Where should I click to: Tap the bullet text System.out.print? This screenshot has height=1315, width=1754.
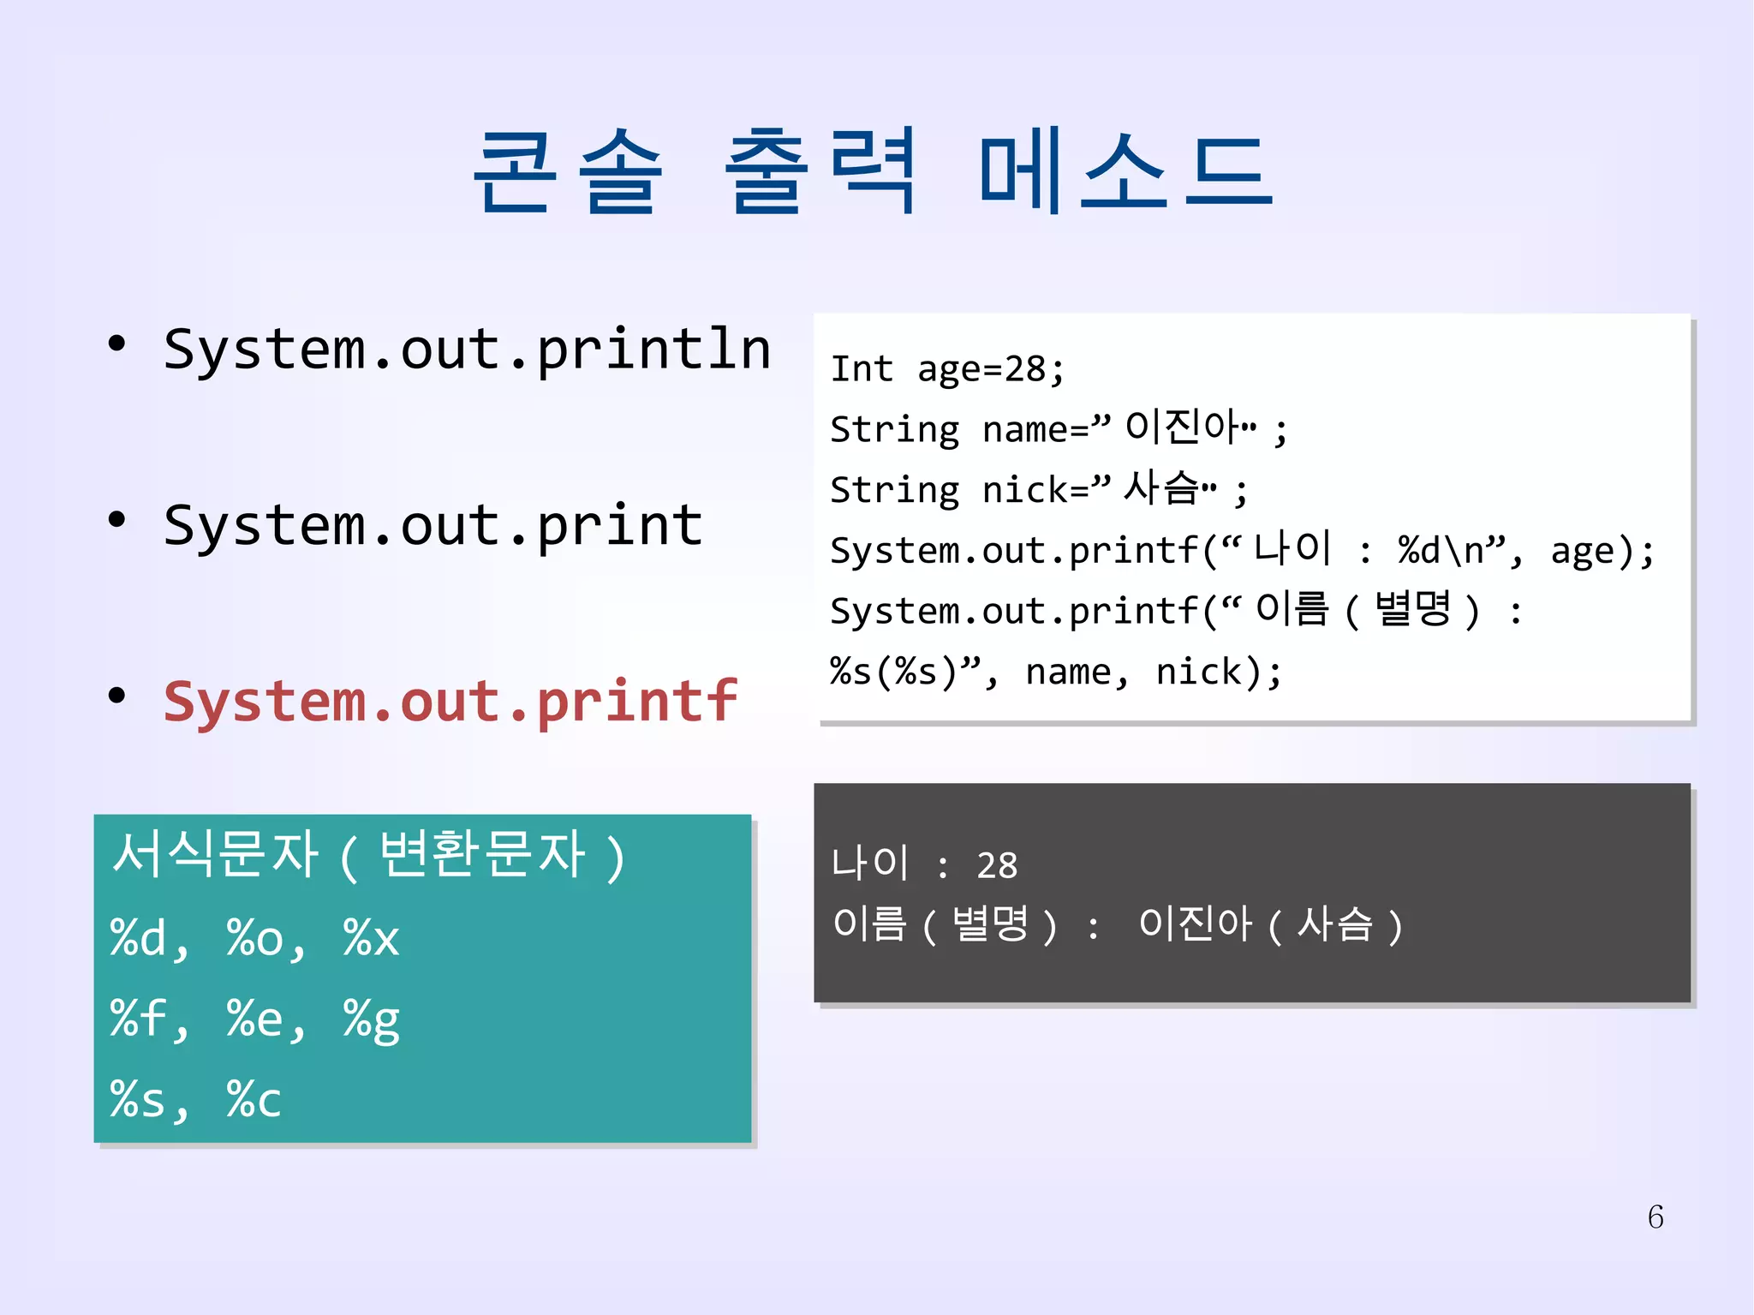[x=433, y=525]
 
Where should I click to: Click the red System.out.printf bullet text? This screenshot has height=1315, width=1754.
[x=450, y=702]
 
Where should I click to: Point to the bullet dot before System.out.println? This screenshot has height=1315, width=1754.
[x=117, y=344]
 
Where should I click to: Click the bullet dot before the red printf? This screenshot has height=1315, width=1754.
[x=117, y=695]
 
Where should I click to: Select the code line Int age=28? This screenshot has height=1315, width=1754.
[x=947, y=369]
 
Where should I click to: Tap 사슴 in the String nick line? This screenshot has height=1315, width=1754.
[x=1160, y=487]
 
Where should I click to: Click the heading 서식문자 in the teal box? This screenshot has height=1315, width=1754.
[x=215, y=854]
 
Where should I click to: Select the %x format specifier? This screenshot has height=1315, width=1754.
[x=371, y=937]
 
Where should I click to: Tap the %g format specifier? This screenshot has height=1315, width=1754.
[x=371, y=1019]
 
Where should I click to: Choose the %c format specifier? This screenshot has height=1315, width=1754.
[x=254, y=1099]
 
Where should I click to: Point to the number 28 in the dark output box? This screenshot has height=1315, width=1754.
[x=997, y=866]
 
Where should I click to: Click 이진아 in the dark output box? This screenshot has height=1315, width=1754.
[x=1195, y=925]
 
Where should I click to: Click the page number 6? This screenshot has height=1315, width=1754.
[x=1656, y=1216]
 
